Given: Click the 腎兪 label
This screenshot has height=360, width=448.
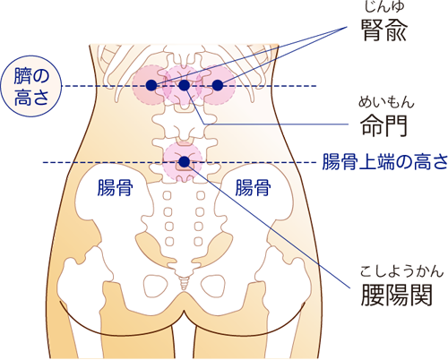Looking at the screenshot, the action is pyautogui.click(x=384, y=30).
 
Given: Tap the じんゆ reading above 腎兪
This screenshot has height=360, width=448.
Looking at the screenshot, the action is pyautogui.click(x=384, y=6).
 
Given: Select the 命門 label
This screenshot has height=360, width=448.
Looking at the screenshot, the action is pyautogui.click(x=384, y=125).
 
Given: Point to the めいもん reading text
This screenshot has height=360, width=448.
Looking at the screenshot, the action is pyautogui.click(x=386, y=102).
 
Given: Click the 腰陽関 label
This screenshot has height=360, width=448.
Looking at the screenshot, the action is pyautogui.click(x=397, y=295).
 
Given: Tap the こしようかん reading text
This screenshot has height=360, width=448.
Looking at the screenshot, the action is pyautogui.click(x=401, y=271).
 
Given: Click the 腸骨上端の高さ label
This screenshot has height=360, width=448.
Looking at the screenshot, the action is pyautogui.click(x=385, y=162).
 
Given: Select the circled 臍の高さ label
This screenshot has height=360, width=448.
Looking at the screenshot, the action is pyautogui.click(x=31, y=86).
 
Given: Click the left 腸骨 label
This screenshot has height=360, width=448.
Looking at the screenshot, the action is pyautogui.click(x=115, y=187).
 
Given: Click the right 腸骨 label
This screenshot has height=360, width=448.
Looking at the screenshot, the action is pyautogui.click(x=253, y=187).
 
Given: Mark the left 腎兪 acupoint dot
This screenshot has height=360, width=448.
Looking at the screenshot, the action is pyautogui.click(x=151, y=85).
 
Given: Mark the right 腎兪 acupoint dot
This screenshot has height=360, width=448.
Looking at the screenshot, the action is pyautogui.click(x=218, y=85).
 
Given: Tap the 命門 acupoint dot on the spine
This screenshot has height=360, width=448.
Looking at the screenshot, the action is pyautogui.click(x=185, y=85).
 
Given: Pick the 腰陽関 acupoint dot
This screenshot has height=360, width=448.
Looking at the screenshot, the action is pyautogui.click(x=185, y=161).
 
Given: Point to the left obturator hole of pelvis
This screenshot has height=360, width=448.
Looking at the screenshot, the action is pyautogui.click(x=156, y=286).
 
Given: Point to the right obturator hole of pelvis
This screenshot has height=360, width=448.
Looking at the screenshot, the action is pyautogui.click(x=212, y=286).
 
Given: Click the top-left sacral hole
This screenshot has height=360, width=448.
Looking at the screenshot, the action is pyautogui.click(x=168, y=196).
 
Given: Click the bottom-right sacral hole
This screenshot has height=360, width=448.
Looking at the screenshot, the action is pyautogui.click(x=198, y=241).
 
